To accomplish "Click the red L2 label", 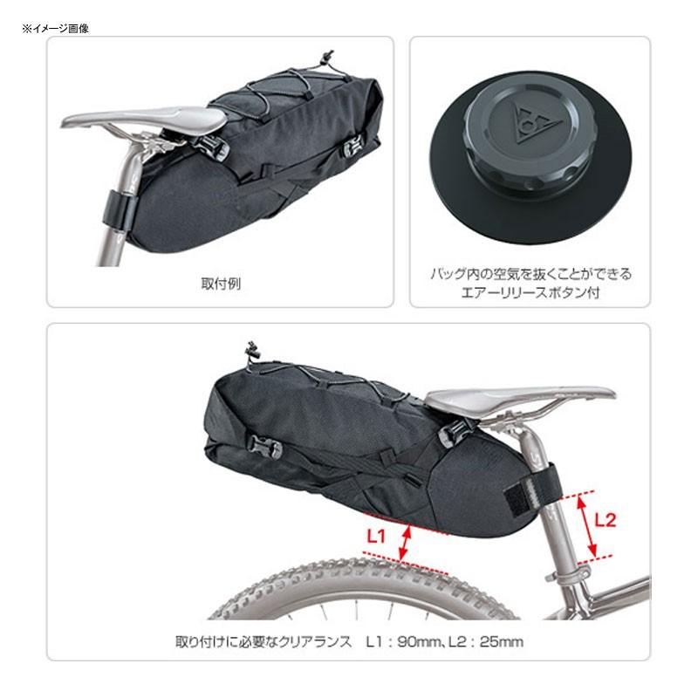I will (605, 520).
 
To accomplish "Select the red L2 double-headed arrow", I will (592, 525).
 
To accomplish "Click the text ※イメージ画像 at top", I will (57, 28).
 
